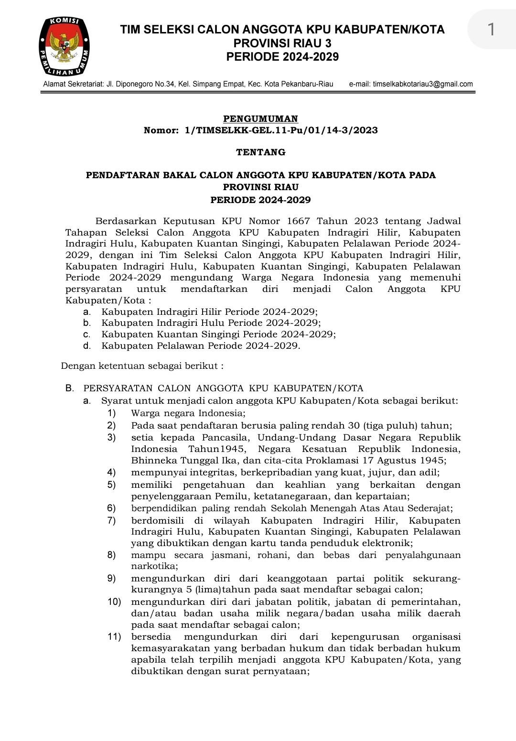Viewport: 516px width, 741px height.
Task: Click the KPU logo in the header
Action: [64, 46]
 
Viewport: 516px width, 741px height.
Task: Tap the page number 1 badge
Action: [491, 30]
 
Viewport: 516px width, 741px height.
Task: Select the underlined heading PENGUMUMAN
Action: [261, 118]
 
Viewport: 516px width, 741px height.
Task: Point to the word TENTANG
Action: [261, 152]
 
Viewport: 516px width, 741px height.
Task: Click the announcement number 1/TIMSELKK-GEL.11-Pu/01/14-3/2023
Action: [281, 130]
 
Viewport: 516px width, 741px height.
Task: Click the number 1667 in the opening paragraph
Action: [299, 221]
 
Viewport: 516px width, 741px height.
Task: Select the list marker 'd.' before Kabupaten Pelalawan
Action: [86, 345]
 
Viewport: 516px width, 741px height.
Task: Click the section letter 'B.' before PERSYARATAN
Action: [70, 388]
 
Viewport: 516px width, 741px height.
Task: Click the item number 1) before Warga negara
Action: [111, 413]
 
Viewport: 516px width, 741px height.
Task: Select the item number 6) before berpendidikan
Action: [111, 508]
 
